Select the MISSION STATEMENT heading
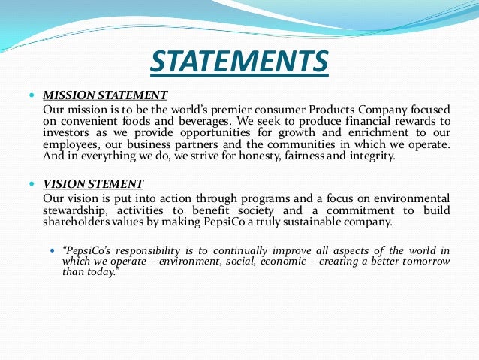coord(105,95)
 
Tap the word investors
coord(65,132)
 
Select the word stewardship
coord(74,210)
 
